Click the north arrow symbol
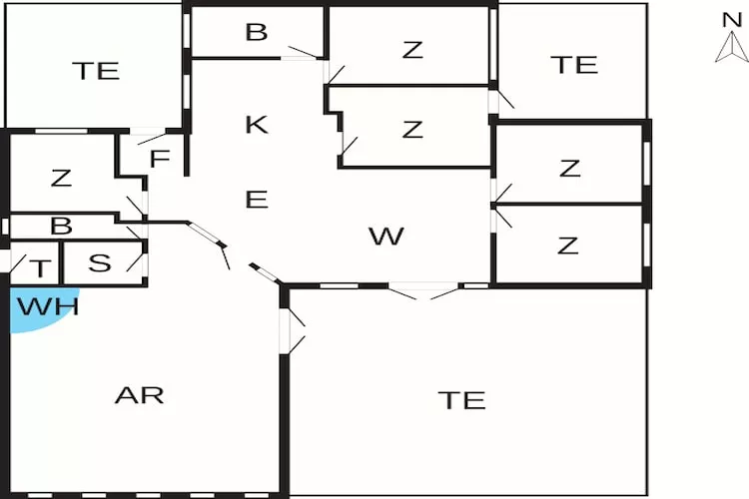point(731,47)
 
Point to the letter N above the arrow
point(731,18)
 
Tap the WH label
point(48,305)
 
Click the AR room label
point(139,395)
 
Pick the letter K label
point(257,125)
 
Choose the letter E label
point(257,200)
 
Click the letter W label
point(385,237)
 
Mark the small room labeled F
point(160,160)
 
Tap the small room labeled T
point(40,267)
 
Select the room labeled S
point(100,263)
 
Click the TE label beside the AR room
point(461,400)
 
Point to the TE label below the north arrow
point(574,65)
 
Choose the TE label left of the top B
point(96,71)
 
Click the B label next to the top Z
point(257,32)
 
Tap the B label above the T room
point(61,227)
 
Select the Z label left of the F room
point(61,179)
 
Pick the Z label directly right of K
point(412,129)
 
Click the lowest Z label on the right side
point(569,245)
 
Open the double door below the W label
point(424,292)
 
